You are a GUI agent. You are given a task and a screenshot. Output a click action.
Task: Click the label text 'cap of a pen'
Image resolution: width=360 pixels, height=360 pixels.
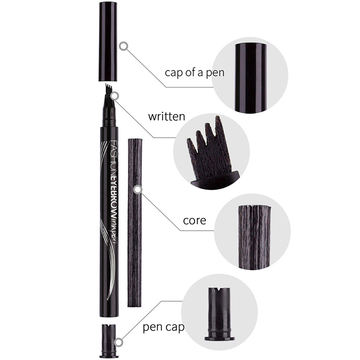click(x=194, y=73)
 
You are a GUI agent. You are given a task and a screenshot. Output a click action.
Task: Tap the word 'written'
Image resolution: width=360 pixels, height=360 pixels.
click(x=166, y=117)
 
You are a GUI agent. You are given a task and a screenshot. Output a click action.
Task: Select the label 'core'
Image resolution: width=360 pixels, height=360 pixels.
click(x=194, y=220)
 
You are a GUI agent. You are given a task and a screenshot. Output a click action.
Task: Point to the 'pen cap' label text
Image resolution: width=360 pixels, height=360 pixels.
click(x=163, y=327)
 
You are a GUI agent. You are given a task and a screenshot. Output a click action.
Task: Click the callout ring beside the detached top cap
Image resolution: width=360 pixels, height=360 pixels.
click(x=123, y=46)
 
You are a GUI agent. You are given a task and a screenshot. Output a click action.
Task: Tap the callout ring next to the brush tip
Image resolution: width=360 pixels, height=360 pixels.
click(x=115, y=96)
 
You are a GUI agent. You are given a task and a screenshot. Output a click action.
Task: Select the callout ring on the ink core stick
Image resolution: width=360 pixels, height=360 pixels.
click(x=138, y=189)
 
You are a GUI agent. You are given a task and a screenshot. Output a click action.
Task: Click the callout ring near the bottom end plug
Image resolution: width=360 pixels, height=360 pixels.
click(x=118, y=342)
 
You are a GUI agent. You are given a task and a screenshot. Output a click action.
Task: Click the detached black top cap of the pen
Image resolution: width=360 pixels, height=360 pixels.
click(x=108, y=41)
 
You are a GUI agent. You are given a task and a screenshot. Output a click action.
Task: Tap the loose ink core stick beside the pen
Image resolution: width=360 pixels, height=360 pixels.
click(x=135, y=222)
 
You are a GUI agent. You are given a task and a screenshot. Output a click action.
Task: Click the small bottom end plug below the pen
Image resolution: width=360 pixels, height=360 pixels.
click(x=108, y=341)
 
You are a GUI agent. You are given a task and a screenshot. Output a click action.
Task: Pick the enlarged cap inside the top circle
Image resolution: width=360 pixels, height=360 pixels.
click(x=251, y=78)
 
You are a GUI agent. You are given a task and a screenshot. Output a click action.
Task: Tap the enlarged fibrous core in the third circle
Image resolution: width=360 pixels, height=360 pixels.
click(x=254, y=237)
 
